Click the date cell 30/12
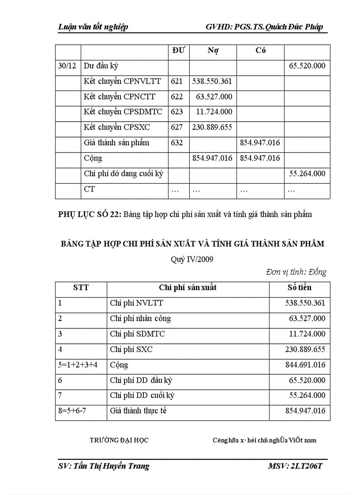click(x=67, y=66)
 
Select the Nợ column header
click(x=213, y=50)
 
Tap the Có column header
click(x=260, y=50)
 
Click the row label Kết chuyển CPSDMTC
click(x=123, y=112)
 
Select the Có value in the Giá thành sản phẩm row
click(x=260, y=143)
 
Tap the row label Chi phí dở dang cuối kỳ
click(x=124, y=174)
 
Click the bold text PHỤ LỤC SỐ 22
click(x=90, y=215)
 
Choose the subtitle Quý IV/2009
click(x=192, y=260)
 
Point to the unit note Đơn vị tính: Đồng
click(x=296, y=272)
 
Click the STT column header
click(x=81, y=288)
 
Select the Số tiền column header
click(x=299, y=288)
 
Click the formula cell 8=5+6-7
click(x=73, y=411)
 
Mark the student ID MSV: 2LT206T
click(x=295, y=466)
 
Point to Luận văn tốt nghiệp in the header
click(x=93, y=27)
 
